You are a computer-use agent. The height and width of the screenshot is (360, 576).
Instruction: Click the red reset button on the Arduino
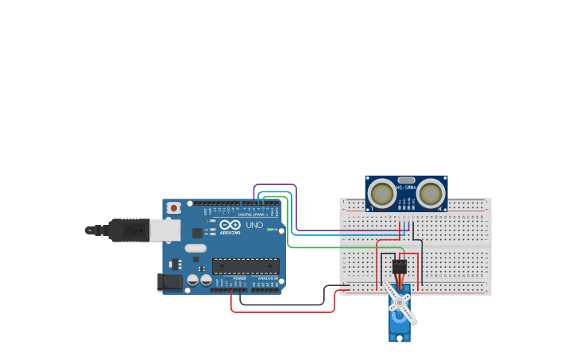(173, 207)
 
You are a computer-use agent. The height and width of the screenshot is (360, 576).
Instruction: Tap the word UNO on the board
(254, 225)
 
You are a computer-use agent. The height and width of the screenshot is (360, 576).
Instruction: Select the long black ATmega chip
(245, 266)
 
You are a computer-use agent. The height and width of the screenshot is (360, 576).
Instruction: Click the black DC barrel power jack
(170, 281)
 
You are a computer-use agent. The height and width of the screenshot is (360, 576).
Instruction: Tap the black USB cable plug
(128, 230)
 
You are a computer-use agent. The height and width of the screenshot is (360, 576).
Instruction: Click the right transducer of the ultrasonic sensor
(431, 193)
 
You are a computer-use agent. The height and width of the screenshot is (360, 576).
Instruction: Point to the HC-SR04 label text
(406, 188)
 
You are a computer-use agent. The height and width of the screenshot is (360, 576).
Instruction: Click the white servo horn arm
(399, 303)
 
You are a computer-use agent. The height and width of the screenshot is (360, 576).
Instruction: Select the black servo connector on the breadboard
(400, 266)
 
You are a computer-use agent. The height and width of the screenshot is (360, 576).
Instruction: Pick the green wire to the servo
(334, 247)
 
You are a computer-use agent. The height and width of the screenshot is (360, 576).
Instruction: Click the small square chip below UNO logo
(197, 233)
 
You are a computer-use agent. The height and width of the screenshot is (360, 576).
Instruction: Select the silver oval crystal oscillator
(195, 248)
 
